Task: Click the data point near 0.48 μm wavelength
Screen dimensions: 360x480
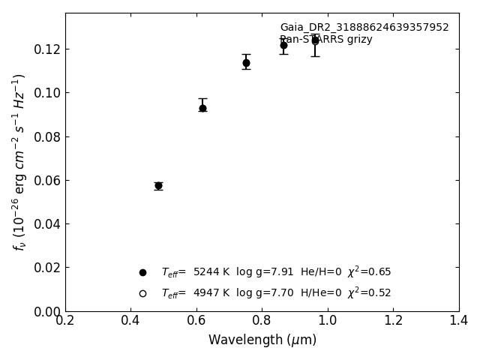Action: pyautogui.click(x=158, y=185)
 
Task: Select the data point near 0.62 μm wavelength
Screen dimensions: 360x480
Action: pyautogui.click(x=202, y=108)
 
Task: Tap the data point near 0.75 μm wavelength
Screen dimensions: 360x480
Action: pyautogui.click(x=246, y=63)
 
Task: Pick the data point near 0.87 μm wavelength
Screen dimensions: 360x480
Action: pyautogui.click(x=283, y=45)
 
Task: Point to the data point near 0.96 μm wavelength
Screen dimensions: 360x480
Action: pyautogui.click(x=315, y=40)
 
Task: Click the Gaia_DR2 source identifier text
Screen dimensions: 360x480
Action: pyautogui.click(x=364, y=28)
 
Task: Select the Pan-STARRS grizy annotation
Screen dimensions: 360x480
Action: pyautogui.click(x=326, y=40)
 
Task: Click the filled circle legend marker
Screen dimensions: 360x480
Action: pyautogui.click(x=142, y=272)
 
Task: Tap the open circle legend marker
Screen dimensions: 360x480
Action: pyautogui.click(x=142, y=293)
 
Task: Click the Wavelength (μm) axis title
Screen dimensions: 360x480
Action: pyautogui.click(x=262, y=340)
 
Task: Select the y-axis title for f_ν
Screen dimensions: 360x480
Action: pyautogui.click(x=19, y=162)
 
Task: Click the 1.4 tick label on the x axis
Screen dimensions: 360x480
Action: pyautogui.click(x=459, y=321)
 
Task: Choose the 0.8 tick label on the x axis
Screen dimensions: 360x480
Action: pyautogui.click(x=262, y=321)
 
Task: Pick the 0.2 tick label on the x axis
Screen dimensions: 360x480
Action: pyautogui.click(x=65, y=321)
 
